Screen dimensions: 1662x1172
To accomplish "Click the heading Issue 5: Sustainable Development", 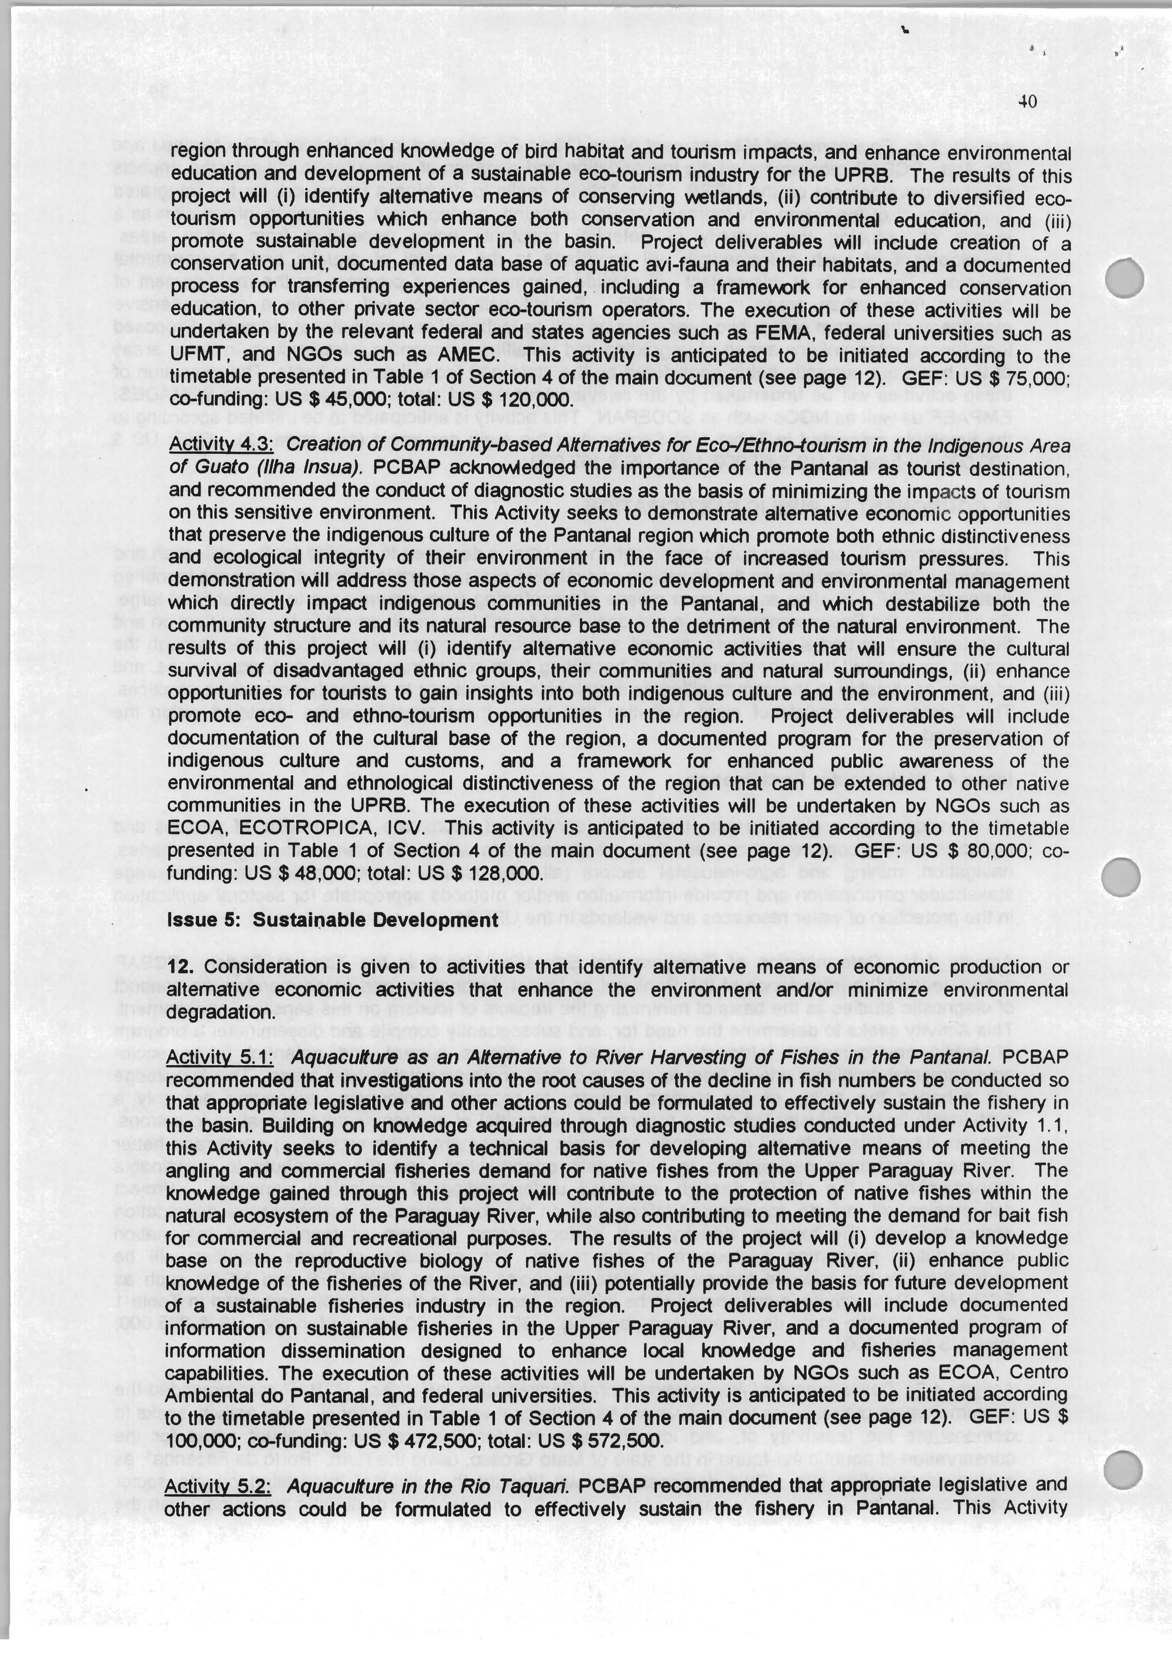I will (333, 920).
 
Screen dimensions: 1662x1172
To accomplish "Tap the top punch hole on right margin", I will (1125, 277).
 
